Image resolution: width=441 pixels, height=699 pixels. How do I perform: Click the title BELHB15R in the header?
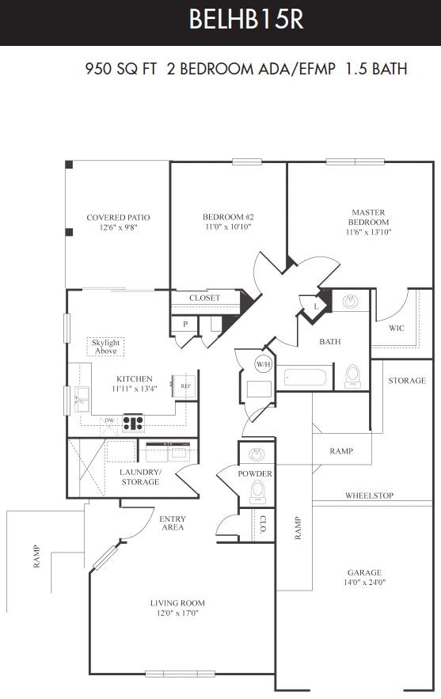246,20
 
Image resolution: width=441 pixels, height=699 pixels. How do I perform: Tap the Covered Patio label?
118,218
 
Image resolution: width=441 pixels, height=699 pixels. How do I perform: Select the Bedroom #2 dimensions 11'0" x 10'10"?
228,227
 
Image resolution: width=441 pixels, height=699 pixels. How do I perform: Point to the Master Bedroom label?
368,217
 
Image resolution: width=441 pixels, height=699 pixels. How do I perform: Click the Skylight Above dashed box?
105,347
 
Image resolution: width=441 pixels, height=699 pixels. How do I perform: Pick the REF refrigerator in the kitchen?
185,386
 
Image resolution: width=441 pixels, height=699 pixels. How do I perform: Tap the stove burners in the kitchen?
133,423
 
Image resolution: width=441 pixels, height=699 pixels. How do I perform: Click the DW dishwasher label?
109,420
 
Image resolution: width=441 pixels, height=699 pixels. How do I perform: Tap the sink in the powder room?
257,454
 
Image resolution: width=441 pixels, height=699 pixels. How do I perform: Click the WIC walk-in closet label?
397,328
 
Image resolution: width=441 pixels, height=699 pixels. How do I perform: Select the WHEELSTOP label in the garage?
369,496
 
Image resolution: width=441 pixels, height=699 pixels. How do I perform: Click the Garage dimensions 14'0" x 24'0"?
364,582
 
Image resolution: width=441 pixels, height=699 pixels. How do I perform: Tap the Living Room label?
177,603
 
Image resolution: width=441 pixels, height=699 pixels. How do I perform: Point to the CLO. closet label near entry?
263,525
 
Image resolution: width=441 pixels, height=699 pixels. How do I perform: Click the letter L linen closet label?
316,306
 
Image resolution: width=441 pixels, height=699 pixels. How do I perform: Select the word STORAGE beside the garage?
407,380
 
